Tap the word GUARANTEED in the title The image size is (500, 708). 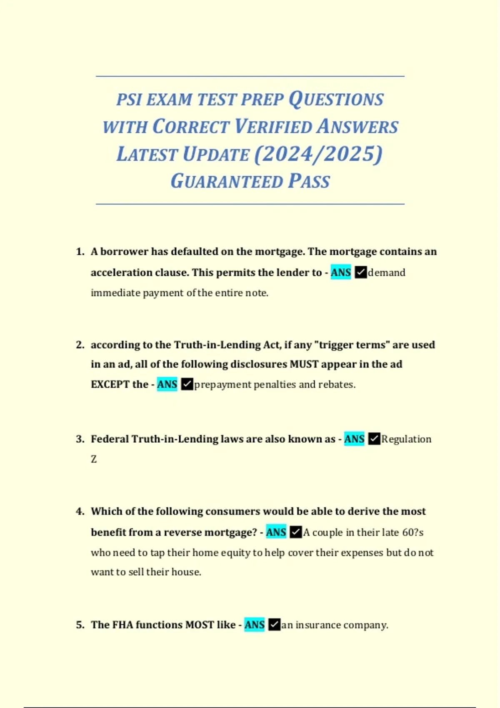point(227,182)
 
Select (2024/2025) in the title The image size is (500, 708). point(318,154)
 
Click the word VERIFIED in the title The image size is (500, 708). point(273,127)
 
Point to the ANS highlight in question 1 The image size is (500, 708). point(341,272)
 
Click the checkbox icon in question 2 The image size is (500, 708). point(187,384)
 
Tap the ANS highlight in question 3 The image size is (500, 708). point(354,439)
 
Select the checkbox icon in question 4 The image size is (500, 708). point(295,532)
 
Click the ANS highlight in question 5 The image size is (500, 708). point(254,625)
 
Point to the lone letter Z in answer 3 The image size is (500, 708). point(94,459)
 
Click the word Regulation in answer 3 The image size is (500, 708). point(406,439)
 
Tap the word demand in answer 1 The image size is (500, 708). point(386,272)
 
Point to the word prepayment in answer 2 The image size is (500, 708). point(222,384)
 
